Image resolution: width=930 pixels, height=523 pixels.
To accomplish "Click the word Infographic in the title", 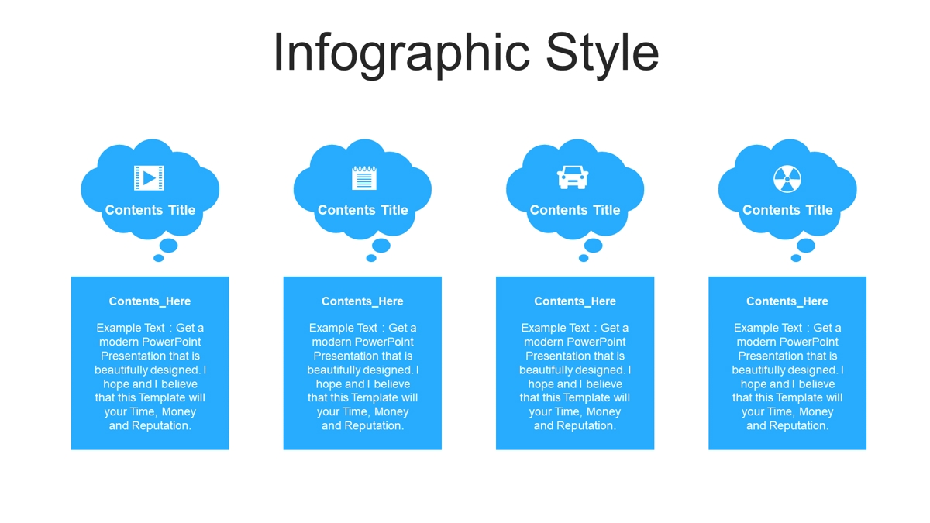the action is pos(401,54).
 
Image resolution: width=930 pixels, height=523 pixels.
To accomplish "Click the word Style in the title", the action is pos(602,54).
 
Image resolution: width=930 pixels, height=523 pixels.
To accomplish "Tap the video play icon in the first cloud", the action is pos(149,178).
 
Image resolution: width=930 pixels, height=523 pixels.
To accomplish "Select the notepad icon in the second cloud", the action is pos(364,178).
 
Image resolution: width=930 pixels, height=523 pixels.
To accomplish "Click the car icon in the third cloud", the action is pos(573,177).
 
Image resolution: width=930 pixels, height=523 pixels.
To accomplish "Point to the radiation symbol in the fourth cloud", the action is pos(787,179).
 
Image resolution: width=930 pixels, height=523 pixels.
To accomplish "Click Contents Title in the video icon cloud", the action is pos(150,210).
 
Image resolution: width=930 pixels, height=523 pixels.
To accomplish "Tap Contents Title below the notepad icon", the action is pos(363,210).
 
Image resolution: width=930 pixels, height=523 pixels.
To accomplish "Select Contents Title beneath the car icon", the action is pos(575,210).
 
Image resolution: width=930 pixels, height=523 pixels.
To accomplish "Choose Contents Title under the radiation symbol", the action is pos(787,210).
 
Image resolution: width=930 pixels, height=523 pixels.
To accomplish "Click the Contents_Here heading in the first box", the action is pos(150,301).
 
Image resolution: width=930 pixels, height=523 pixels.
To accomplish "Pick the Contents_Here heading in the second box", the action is pos(363,301).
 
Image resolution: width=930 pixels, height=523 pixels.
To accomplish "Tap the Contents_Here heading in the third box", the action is pos(575,301).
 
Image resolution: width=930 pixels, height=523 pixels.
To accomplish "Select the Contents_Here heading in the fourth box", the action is pos(787,301).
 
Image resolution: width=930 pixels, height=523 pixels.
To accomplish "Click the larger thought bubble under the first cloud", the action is pos(169,246).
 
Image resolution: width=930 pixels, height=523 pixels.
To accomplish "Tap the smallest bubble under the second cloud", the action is pos(371,258).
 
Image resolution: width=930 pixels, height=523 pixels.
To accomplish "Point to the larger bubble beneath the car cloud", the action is pos(594,246).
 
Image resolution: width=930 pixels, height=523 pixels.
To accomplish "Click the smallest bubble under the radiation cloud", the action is pos(796,258).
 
